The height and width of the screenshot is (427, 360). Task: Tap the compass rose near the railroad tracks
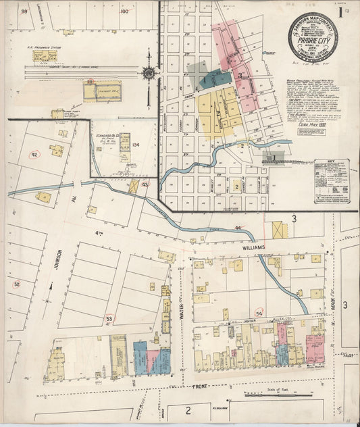[149, 72]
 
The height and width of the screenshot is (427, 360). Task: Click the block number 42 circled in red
[34, 154]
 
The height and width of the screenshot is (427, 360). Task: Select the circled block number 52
[17, 284]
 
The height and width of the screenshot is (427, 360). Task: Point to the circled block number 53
[109, 318]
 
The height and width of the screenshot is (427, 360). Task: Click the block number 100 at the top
[124, 11]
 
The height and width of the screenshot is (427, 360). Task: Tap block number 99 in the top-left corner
[24, 11]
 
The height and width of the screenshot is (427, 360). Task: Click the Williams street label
[249, 247]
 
